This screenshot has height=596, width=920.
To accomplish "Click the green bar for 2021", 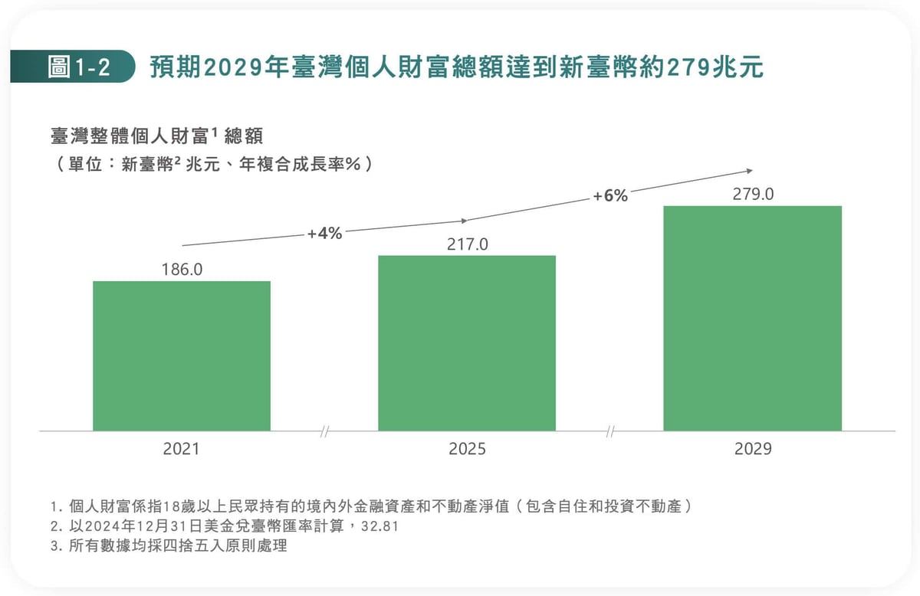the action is click(x=182, y=356).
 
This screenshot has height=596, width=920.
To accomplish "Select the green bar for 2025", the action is click(x=467, y=343).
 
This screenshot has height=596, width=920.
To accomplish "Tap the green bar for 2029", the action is click(x=752, y=319).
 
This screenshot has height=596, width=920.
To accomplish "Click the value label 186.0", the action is click(x=182, y=270).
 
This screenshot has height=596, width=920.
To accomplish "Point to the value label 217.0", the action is click(x=468, y=244).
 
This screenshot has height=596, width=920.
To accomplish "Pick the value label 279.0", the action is click(x=753, y=194).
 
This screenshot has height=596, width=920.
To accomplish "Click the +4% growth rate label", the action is click(x=324, y=234).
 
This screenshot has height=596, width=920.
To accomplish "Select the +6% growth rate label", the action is click(x=610, y=196).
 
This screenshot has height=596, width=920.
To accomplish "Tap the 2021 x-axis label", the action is click(x=181, y=449).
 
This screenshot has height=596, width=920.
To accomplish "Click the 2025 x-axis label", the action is click(x=467, y=449).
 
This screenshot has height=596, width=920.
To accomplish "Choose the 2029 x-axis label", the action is click(x=753, y=449).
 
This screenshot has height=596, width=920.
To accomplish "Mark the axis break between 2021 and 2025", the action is click(x=324, y=431).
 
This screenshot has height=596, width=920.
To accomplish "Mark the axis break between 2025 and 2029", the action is click(x=610, y=431).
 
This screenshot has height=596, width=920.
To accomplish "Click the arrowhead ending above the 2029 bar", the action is click(x=750, y=171).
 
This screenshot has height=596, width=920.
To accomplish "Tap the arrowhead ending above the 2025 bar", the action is click(x=464, y=221).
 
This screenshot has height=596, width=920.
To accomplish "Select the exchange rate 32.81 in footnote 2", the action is click(x=380, y=526).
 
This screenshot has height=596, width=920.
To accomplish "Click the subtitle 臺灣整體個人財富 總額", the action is click(x=156, y=136).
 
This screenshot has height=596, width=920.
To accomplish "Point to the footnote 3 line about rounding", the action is click(x=169, y=546).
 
